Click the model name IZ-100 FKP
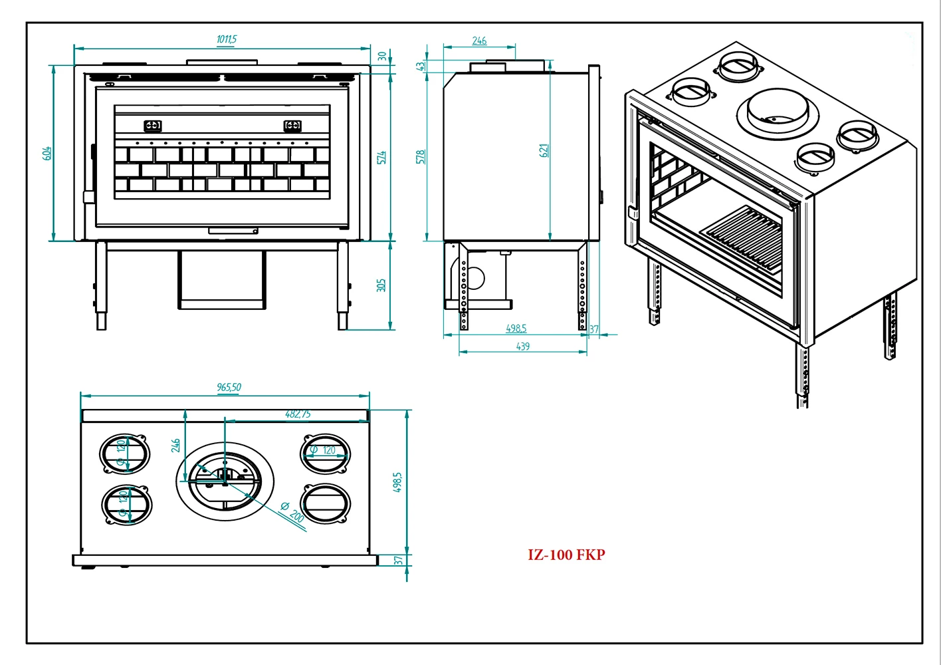(566, 555)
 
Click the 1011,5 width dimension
(227, 39)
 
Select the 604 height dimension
(47, 153)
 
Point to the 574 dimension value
(381, 158)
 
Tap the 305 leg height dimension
(381, 285)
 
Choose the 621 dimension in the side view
(544, 150)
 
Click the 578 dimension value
(420, 157)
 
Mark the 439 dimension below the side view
(523, 346)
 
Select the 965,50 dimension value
(229, 387)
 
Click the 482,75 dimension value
(298, 414)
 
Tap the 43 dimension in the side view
(420, 66)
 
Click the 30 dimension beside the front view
(382, 57)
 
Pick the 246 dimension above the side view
(479, 41)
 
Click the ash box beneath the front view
(221, 280)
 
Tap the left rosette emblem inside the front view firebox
(153, 125)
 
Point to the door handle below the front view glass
(233, 231)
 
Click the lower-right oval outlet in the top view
(325, 504)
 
